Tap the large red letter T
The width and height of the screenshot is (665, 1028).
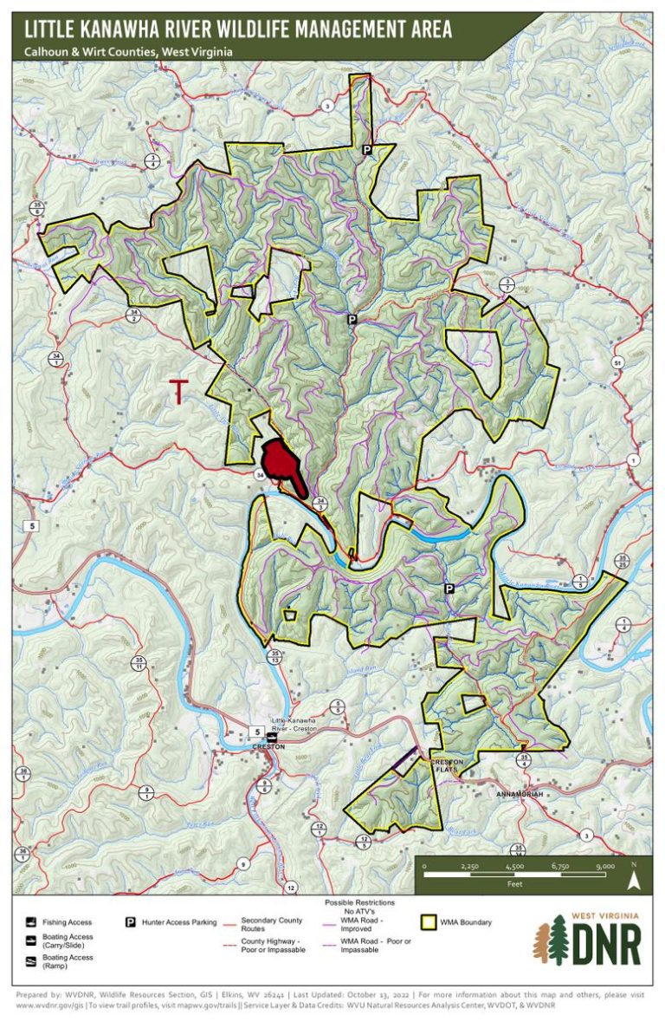click(178, 392)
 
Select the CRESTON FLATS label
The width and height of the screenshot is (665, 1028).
click(448, 765)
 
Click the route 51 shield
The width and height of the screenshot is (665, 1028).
click(617, 361)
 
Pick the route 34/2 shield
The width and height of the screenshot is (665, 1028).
click(132, 315)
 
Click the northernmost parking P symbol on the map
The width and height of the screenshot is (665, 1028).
click(366, 150)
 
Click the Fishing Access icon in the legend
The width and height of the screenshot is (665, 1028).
click(31, 922)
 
